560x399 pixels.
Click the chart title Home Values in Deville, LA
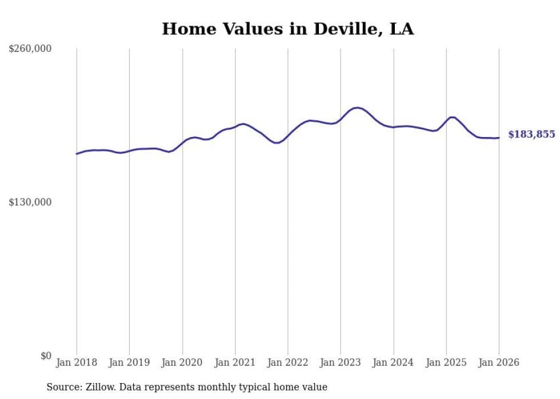pos(287,29)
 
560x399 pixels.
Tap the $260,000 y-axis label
pos(30,49)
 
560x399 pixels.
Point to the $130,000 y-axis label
pos(30,202)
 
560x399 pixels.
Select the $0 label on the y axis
pos(46,356)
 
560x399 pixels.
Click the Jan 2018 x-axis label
pos(77,362)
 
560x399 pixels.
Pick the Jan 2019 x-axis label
pos(130,362)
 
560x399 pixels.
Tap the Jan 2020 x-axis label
pos(182,362)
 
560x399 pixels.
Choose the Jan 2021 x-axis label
pos(235,362)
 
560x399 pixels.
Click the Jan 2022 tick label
pos(288,362)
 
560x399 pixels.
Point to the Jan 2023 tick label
pos(341,362)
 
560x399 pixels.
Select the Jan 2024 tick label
pos(394,362)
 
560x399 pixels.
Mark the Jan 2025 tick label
pos(446,362)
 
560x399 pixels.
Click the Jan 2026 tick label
pos(499,362)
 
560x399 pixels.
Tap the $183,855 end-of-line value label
pos(531,135)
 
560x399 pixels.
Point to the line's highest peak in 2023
pos(357,107)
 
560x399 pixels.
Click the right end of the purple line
pos(499,138)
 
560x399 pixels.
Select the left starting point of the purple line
pos(77,154)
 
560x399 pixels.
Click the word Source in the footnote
pos(62,387)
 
